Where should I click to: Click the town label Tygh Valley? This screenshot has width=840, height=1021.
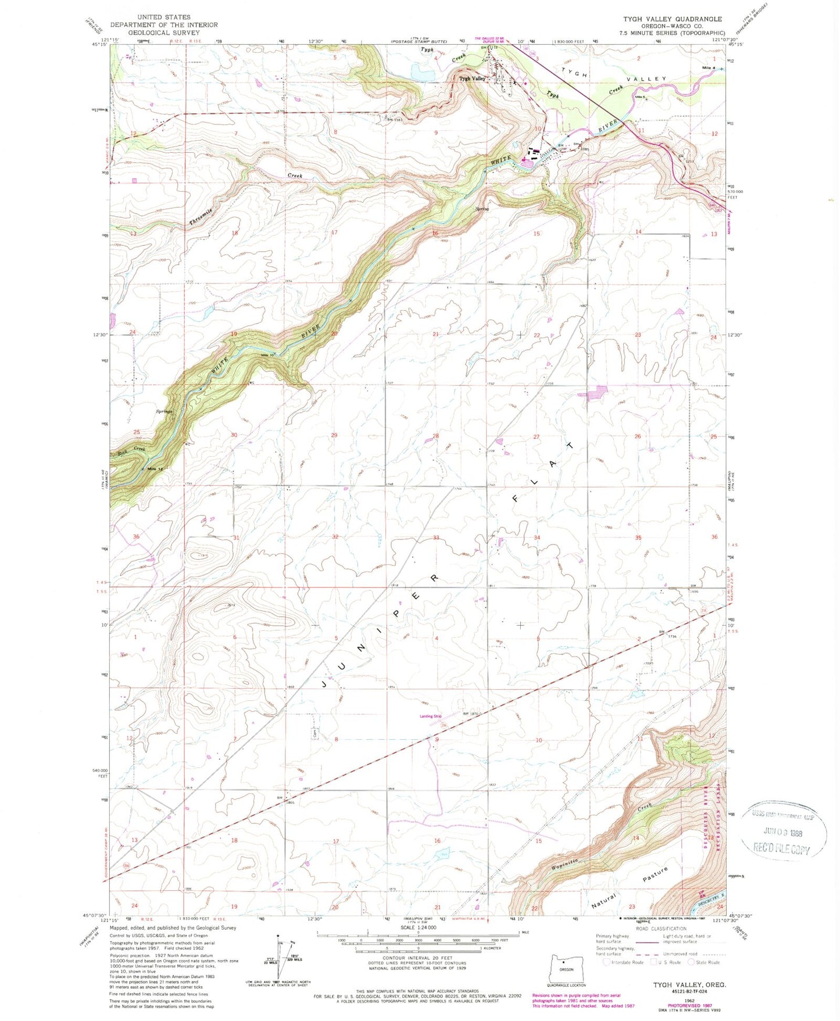coord(472,78)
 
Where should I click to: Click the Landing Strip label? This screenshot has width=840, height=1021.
coord(431,716)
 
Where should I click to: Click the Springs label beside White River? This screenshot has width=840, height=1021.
coord(164,411)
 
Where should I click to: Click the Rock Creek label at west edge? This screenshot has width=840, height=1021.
coord(131,450)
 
